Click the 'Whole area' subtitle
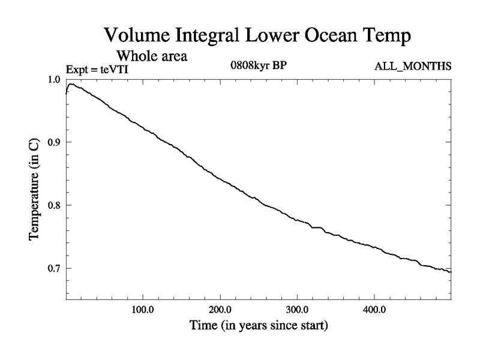click(x=152, y=56)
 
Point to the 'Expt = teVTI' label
click(x=97, y=70)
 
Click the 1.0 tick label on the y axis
click(x=53, y=79)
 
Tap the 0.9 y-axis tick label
click(x=53, y=142)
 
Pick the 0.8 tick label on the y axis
click(x=53, y=205)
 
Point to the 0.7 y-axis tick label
click(x=53, y=268)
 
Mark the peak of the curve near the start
click(x=71, y=84)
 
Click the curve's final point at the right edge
click(x=451, y=272)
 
